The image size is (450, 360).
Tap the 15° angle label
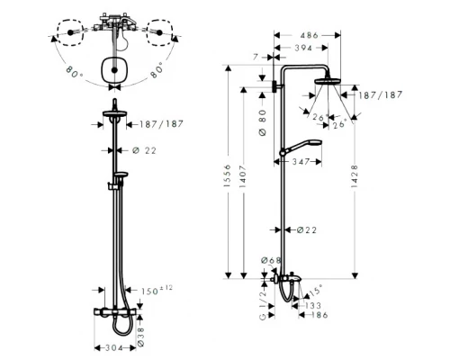[315, 289]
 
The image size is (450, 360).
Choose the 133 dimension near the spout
[312, 306]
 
